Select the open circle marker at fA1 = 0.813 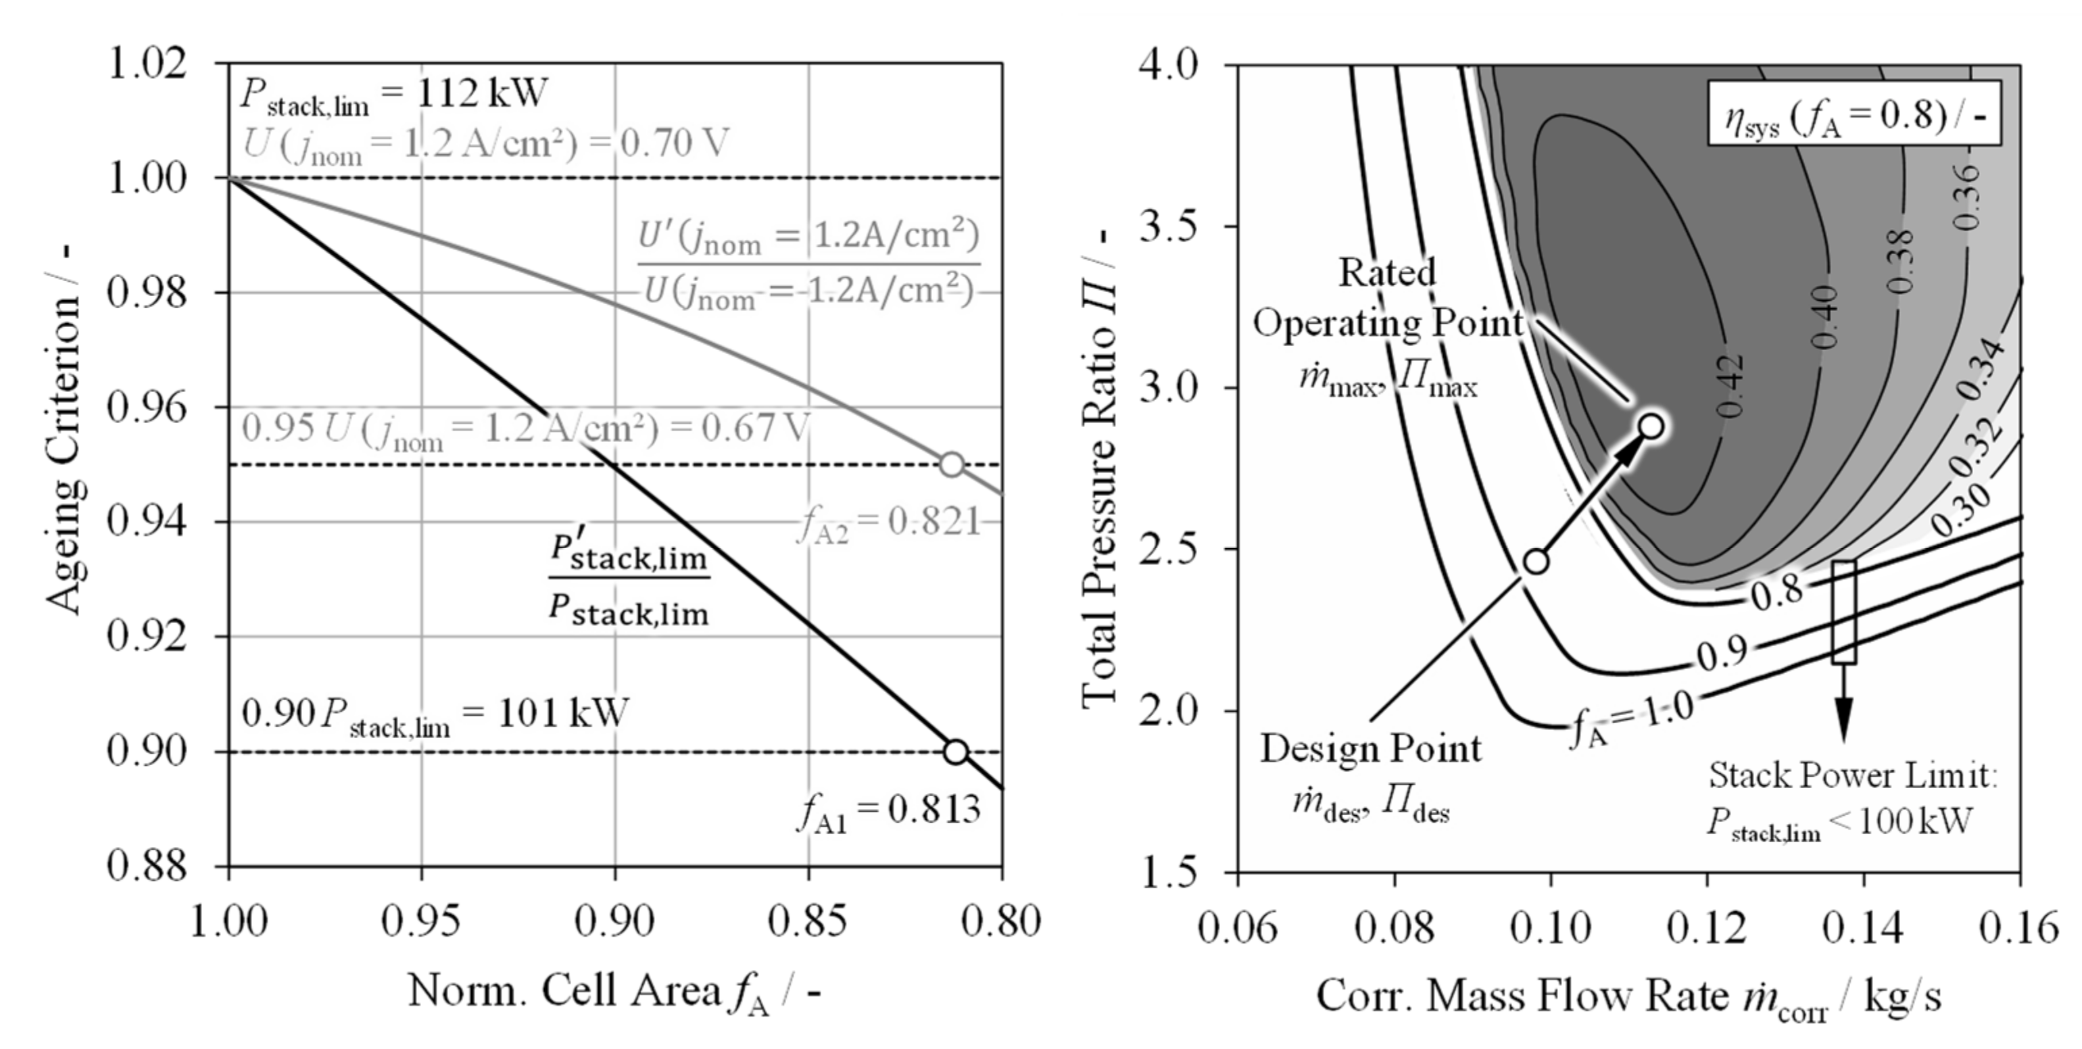[955, 752]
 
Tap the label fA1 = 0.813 [888, 810]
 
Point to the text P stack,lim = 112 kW [393, 95]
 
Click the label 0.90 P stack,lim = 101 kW [435, 714]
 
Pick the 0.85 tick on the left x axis [807, 921]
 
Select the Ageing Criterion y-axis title [63, 429]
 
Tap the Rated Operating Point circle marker [1651, 426]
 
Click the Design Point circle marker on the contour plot [1536, 561]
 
